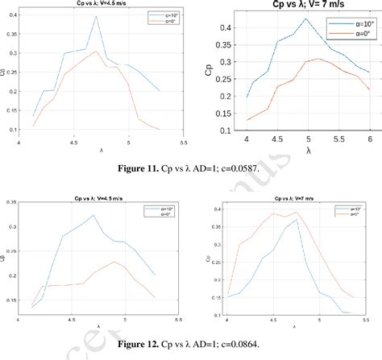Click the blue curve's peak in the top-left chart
96,17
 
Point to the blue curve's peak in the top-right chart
305,19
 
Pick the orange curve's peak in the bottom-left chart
115,262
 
